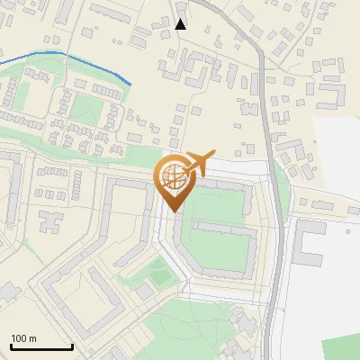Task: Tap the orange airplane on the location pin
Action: point(196,164)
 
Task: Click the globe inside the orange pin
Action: point(172,175)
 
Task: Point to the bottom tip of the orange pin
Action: point(172,211)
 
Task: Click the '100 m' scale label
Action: point(23,338)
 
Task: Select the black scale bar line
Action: point(41,347)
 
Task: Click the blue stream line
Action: point(63,56)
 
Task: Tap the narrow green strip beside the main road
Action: point(283,189)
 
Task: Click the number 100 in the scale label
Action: point(19,338)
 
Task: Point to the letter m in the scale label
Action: point(32,338)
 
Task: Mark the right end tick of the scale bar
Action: point(72,346)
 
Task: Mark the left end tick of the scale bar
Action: point(11,346)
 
